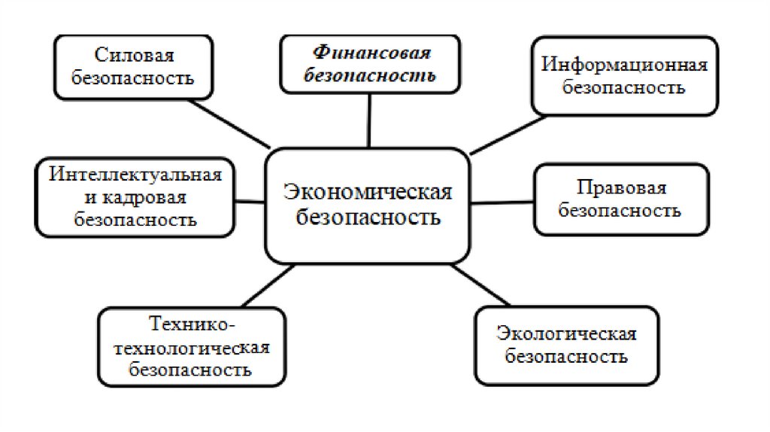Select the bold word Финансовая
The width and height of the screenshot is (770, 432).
(x=371, y=53)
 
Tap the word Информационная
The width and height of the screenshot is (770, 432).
(x=624, y=64)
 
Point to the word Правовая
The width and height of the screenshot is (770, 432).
(x=622, y=187)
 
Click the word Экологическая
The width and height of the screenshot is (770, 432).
(x=566, y=333)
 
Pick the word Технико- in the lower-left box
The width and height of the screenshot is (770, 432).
(x=192, y=324)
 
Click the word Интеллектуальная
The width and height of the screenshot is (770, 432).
(x=136, y=175)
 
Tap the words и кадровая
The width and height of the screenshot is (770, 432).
(x=135, y=197)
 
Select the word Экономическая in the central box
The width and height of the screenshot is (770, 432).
(x=368, y=193)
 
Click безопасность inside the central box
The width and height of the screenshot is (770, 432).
(x=368, y=218)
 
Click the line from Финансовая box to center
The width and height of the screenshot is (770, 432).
(x=369, y=120)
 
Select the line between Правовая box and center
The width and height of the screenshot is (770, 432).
(x=503, y=202)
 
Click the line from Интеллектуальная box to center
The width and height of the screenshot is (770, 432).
(x=249, y=201)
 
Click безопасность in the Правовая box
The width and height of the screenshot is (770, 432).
(x=622, y=210)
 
